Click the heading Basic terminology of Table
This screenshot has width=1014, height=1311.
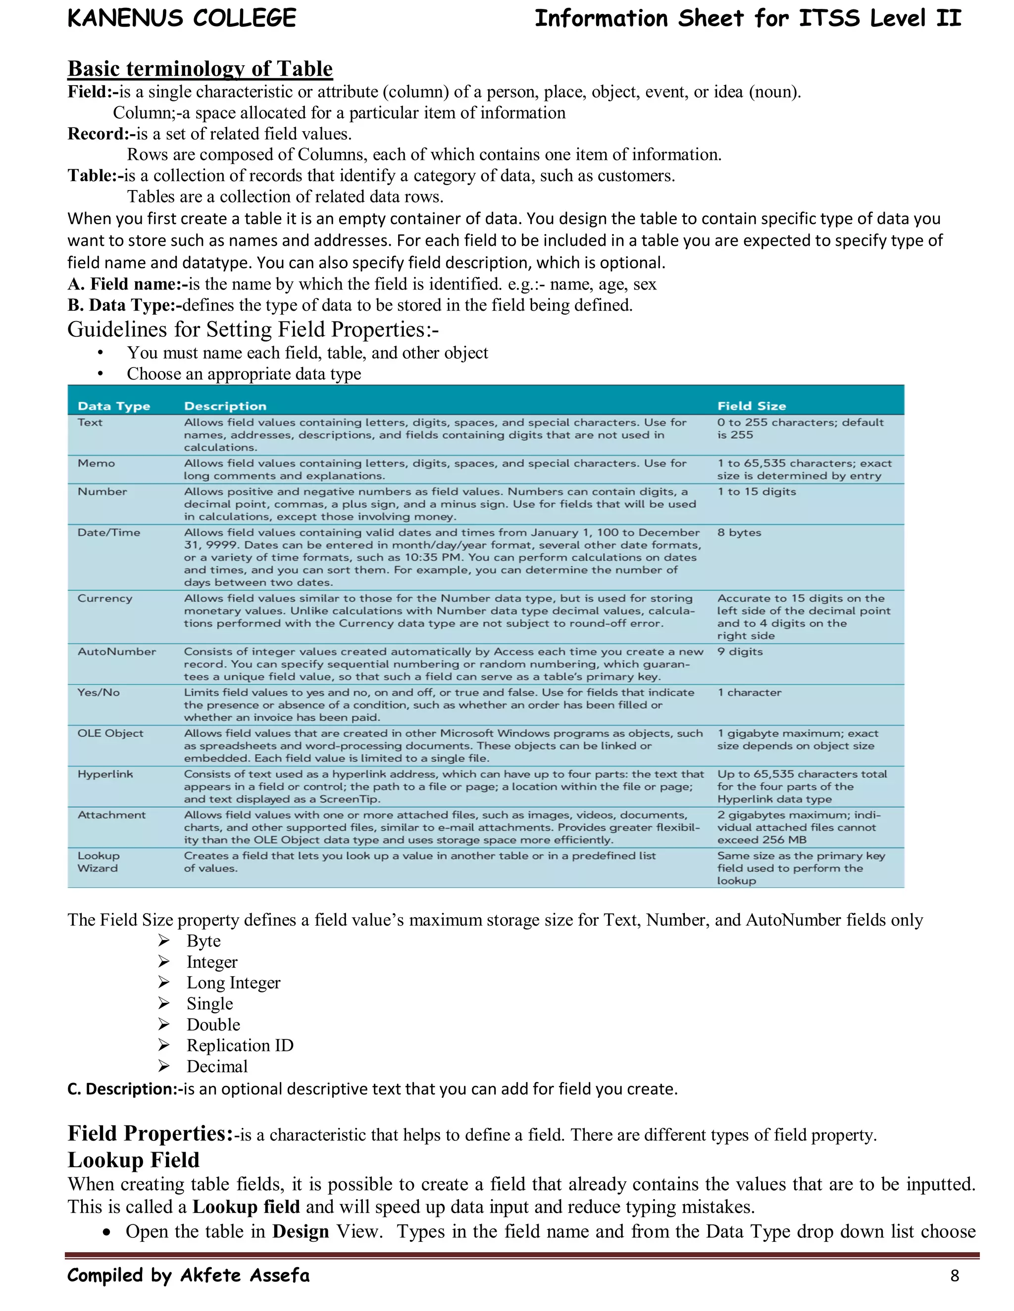[x=200, y=69]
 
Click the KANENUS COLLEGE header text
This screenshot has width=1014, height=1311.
[x=181, y=19]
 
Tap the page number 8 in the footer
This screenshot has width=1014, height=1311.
[x=955, y=1275]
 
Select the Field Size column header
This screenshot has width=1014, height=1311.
[x=751, y=406]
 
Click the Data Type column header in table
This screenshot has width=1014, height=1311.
[x=113, y=406]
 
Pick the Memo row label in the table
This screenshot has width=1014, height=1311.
[x=96, y=463]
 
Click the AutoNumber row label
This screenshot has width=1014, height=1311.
[x=116, y=652]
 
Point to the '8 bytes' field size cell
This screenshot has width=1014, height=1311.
[x=739, y=532]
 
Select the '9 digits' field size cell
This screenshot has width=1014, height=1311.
[x=740, y=652]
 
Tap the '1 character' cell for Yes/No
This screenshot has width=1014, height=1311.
[x=749, y=692]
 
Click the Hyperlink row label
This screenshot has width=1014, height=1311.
[x=105, y=774]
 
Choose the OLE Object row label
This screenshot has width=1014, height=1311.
[x=110, y=733]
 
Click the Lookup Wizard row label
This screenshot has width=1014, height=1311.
[x=98, y=861]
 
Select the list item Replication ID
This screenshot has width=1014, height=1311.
[x=240, y=1045]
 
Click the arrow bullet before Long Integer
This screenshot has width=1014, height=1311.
[x=164, y=982]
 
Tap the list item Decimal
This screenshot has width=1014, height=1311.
[x=217, y=1066]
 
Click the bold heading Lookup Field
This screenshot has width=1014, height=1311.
[x=133, y=1160]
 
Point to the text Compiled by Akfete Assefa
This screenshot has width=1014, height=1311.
[x=188, y=1275]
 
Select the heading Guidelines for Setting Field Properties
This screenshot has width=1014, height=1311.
[x=253, y=329]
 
